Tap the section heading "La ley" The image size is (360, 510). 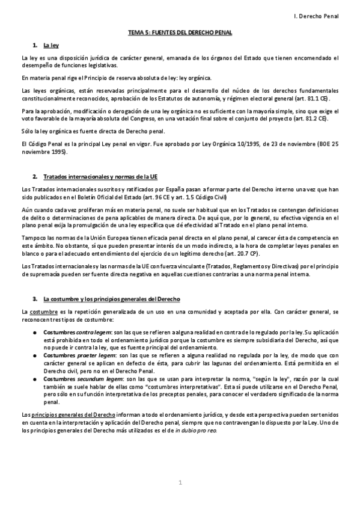pos(50,45)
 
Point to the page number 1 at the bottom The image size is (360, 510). pos(180,483)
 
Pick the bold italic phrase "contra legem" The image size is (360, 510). pos(93,333)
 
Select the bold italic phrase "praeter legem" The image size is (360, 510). pos(95,355)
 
